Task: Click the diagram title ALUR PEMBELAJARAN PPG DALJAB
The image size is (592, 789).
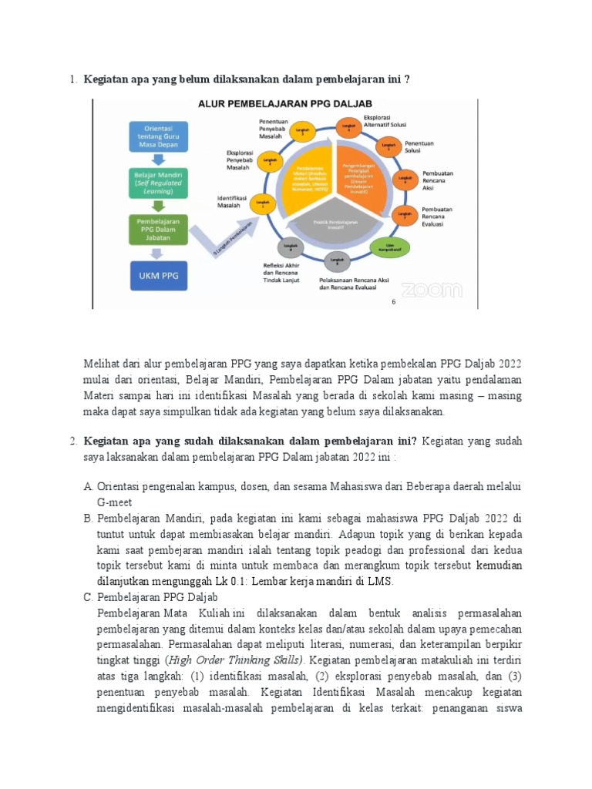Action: (285, 103)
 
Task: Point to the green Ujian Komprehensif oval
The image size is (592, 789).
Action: (386, 247)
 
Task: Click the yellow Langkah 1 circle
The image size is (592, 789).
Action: (266, 206)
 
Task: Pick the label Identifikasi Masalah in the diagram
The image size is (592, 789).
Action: (232, 202)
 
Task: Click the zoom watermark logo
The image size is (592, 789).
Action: (431, 289)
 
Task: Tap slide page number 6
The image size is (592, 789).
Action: (393, 303)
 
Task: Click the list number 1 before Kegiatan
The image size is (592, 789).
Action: (72, 79)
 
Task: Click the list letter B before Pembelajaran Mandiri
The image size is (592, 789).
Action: (89, 519)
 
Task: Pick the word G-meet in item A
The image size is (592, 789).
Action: (115, 502)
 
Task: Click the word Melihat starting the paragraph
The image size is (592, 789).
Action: (102, 363)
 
